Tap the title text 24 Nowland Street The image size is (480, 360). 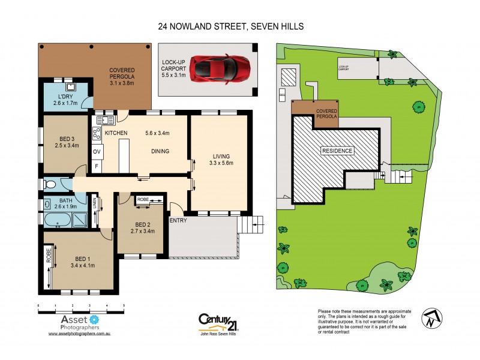[230, 26]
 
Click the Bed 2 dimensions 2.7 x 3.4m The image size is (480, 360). [139, 230]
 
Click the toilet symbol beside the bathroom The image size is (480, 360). [50, 184]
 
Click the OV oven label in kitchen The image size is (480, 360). [97, 151]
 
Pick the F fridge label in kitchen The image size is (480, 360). [97, 166]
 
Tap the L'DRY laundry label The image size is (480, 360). [65, 98]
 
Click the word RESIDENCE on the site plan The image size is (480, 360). [338, 150]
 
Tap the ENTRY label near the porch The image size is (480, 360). [178, 221]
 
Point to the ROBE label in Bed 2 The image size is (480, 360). [143, 199]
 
